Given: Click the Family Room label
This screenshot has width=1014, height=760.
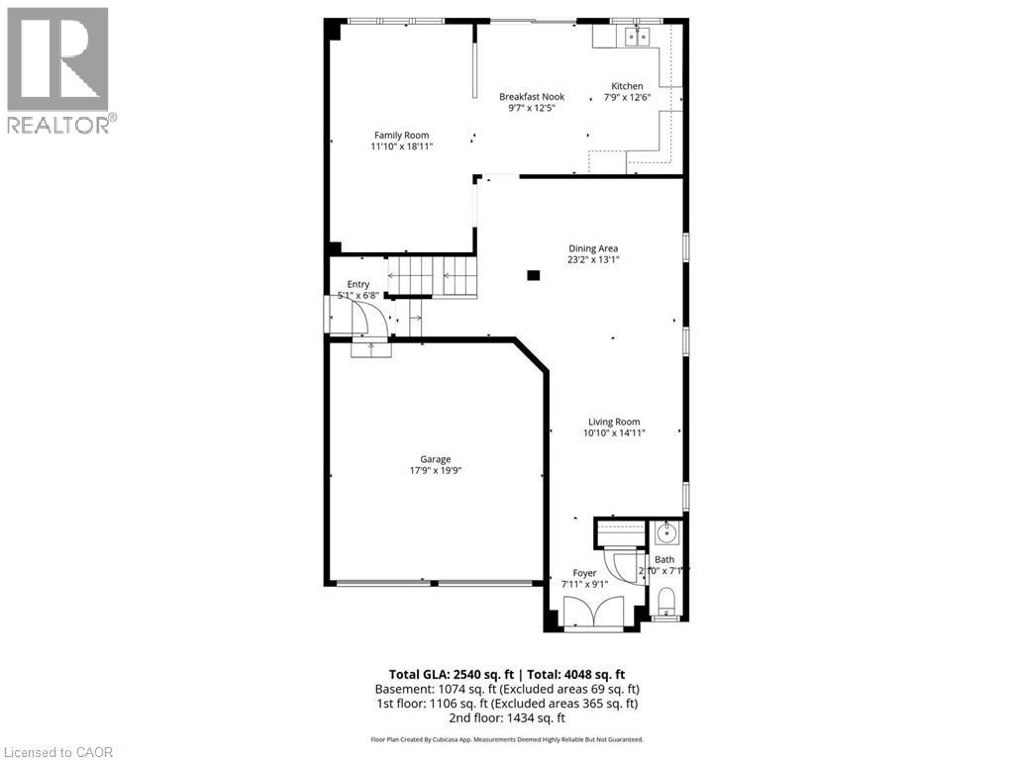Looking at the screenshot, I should [401, 136].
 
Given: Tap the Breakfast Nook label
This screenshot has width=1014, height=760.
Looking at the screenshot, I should [531, 97].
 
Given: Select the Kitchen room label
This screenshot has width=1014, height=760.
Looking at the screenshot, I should [626, 87].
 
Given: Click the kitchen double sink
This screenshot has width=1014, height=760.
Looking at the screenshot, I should [634, 38].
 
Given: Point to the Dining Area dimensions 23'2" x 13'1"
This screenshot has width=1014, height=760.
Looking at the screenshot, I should [593, 260].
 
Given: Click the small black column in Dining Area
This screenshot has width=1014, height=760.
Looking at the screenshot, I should [534, 276].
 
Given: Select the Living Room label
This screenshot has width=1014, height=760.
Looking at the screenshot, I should [613, 422].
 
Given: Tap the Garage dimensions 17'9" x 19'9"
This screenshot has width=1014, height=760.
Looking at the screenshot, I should [435, 471].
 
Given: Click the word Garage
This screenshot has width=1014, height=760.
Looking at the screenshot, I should [435, 459].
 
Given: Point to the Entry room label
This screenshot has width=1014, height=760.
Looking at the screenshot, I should [357, 284].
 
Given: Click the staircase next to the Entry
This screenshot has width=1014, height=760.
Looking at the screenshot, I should [431, 275].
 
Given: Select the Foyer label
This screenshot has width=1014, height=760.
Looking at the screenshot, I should [584, 573].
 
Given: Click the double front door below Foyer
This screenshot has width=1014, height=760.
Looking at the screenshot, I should [592, 614].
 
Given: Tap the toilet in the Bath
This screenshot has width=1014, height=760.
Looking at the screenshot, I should [666, 600].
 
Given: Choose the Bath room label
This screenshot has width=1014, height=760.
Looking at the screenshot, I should [663, 560].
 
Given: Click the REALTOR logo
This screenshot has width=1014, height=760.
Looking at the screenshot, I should [58, 69].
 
